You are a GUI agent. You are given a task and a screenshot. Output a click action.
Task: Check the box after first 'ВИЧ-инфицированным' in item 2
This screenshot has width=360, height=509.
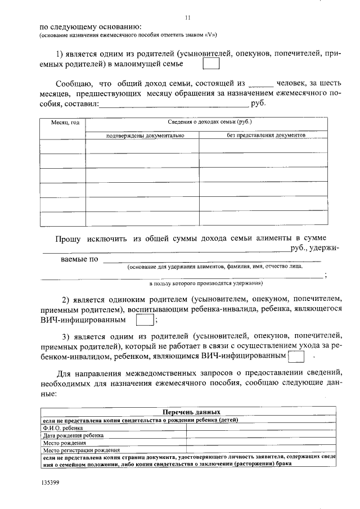pyautogui.click(x=145, y=320)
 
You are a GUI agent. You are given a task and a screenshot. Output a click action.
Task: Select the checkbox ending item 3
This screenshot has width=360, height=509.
pyautogui.click(x=295, y=357)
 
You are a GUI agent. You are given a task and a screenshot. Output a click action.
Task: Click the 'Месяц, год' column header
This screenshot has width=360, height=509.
pyautogui.click(x=62, y=123)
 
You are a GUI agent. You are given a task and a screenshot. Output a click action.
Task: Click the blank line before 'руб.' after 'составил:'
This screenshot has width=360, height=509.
pyautogui.click(x=174, y=105)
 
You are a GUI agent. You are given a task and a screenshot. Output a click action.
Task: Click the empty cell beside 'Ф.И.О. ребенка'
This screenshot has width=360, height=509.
pyautogui.click(x=260, y=427)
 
